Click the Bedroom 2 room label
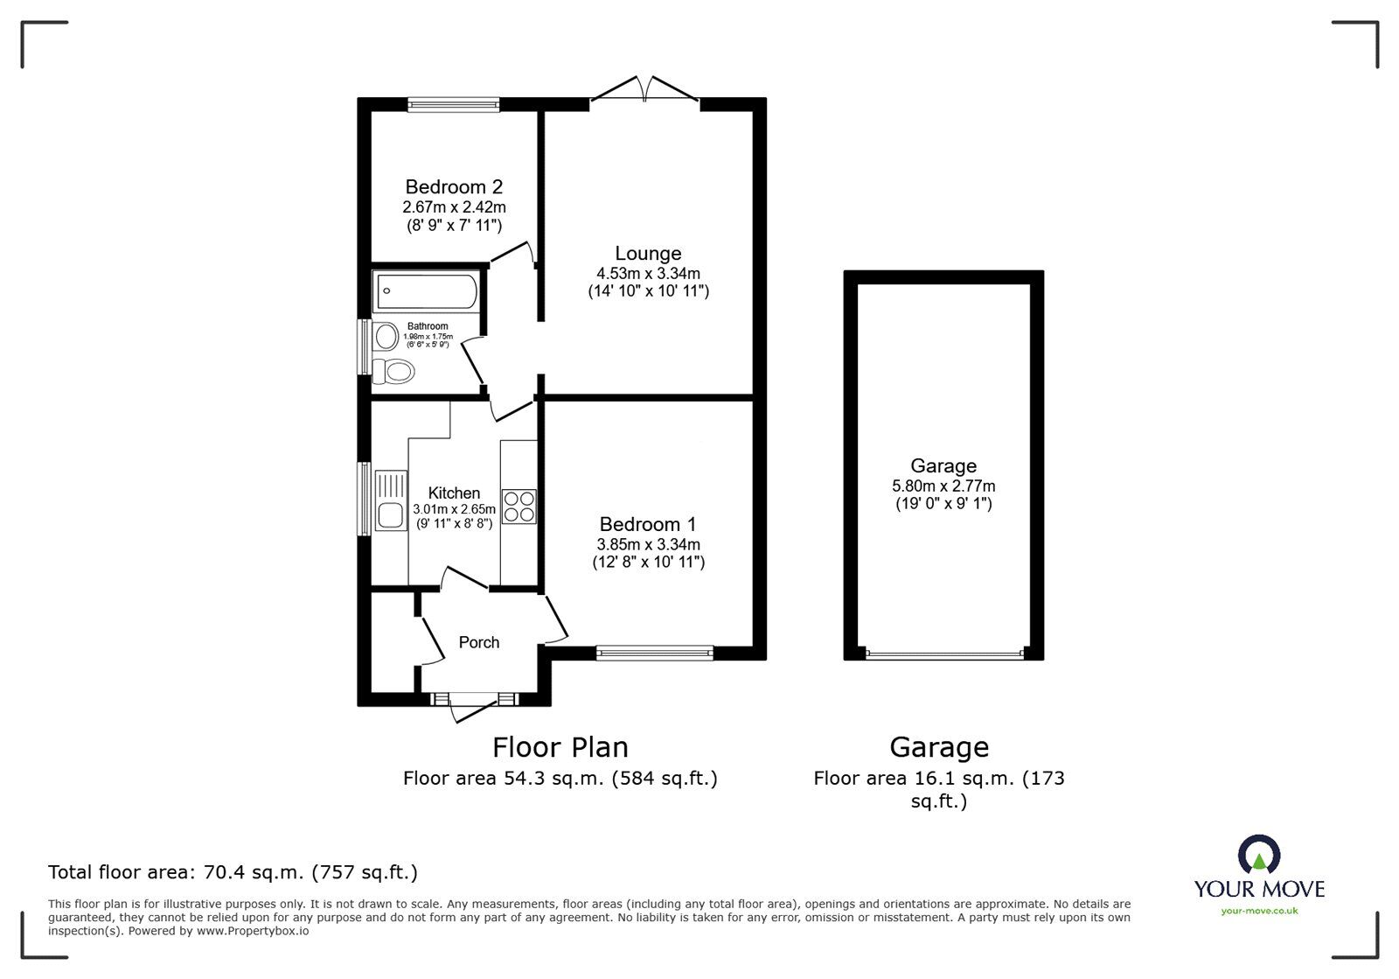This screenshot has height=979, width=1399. coord(453,186)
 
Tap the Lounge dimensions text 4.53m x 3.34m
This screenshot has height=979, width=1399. coord(648,273)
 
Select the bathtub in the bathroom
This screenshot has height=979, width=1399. coord(426,291)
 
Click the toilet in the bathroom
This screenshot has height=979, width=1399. coord(394,371)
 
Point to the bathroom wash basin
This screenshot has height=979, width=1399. coord(385,336)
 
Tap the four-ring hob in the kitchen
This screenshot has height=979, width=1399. coord(519,506)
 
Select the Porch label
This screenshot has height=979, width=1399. coord(479,642)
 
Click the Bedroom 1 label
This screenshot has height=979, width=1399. coord(648,524)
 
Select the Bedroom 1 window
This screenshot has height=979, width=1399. coord(655,652)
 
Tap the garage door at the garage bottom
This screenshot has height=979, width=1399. coord(943,653)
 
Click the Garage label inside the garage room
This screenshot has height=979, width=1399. coord(943,465)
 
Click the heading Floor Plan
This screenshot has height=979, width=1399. coord(560,747)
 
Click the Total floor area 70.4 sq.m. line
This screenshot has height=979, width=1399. coord(233,871)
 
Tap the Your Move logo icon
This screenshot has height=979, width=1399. coord(1259,855)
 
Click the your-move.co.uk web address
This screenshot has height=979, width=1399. coord(1259,911)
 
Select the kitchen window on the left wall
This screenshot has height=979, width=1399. coord(363,499)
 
